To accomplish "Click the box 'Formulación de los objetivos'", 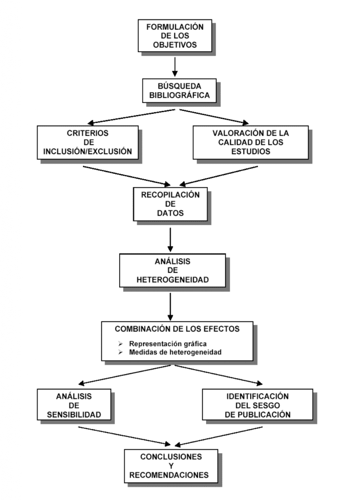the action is pyautogui.click(x=175, y=36).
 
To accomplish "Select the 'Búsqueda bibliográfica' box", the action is pyautogui.click(x=179, y=91).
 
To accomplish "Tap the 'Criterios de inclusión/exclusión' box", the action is pyautogui.click(x=88, y=143).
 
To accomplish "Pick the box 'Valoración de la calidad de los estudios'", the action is pyautogui.click(x=251, y=143).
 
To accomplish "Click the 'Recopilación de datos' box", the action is pyautogui.click(x=170, y=204).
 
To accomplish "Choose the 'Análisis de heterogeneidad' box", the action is pyautogui.click(x=172, y=271).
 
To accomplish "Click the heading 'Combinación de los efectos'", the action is pyautogui.click(x=177, y=329).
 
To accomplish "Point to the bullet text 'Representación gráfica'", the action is pyautogui.click(x=168, y=344).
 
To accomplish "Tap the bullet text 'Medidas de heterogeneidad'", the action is pyautogui.click(x=175, y=353).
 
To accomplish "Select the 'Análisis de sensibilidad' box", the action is pyautogui.click(x=74, y=405).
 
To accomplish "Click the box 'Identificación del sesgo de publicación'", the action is pyautogui.click(x=257, y=405).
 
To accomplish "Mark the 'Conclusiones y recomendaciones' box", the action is pyautogui.click(x=171, y=466).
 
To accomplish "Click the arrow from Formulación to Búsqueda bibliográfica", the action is pyautogui.click(x=175, y=66).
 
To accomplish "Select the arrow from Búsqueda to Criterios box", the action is pyautogui.click(x=131, y=117).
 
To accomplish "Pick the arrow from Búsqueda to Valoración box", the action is pyautogui.click(x=214, y=117).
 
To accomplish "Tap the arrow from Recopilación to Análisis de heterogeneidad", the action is pyautogui.click(x=170, y=240).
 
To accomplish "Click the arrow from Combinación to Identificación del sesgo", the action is pyautogui.click(x=218, y=375).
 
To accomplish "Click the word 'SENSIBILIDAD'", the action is pyautogui.click(x=74, y=415).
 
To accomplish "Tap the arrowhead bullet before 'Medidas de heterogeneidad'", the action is pyautogui.click(x=120, y=353).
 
